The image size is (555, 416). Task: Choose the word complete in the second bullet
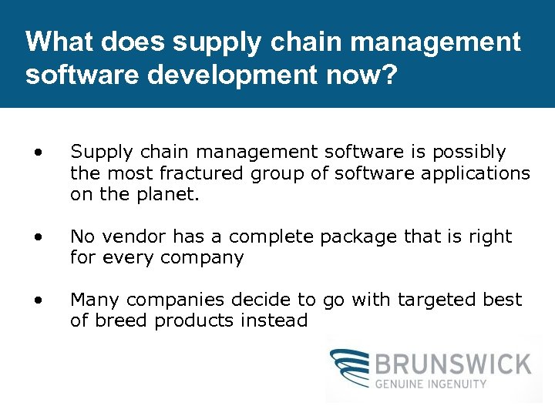click(273, 237)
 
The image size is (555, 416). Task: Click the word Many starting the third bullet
click(95, 300)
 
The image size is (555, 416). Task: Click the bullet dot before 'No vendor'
click(37, 237)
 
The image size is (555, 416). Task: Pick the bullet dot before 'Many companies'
click(37, 300)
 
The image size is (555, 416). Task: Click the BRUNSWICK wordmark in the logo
click(454, 364)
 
